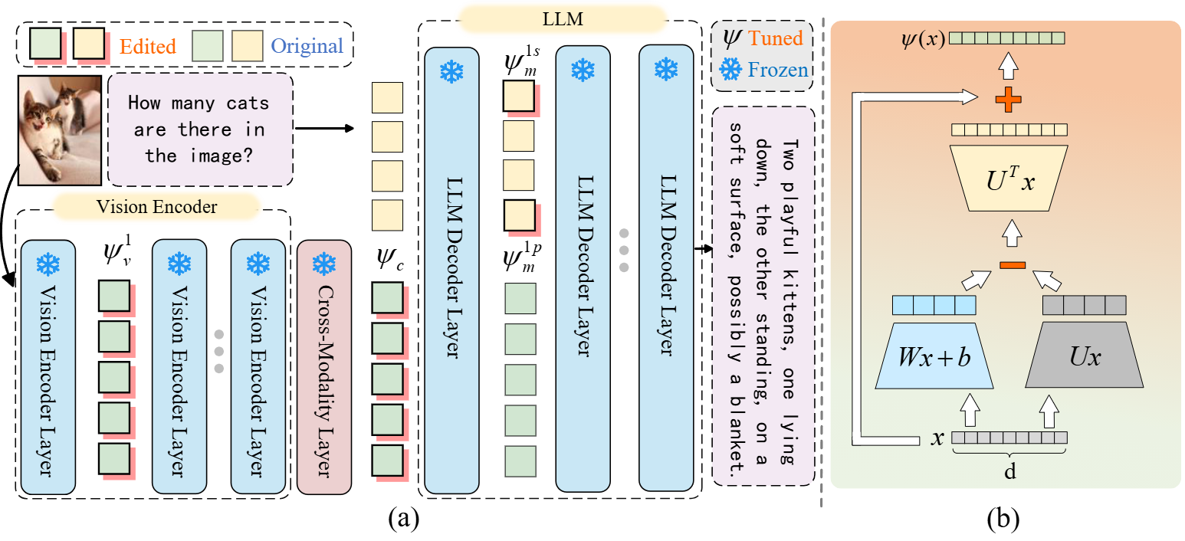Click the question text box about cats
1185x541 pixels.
pos(200,129)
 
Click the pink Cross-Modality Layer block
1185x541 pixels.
pos(323,367)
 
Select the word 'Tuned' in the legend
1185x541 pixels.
pos(775,38)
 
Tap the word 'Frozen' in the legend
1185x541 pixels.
pos(777,70)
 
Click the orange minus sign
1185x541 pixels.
pos(1012,265)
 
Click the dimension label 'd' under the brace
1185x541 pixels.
pos(1009,472)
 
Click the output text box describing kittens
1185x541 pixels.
pos(762,295)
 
